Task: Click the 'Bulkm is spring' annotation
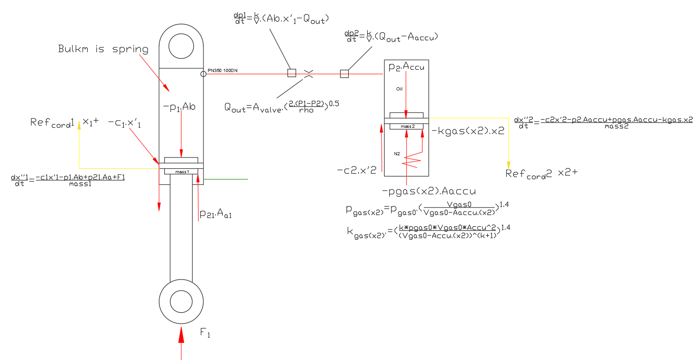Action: pos(103,49)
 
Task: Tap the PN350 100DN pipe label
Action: pos(222,71)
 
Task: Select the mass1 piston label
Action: pos(182,171)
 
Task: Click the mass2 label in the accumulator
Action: pos(407,126)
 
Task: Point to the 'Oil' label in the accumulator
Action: pos(399,89)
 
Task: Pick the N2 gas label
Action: pos(397,154)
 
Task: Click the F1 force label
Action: pos(205,333)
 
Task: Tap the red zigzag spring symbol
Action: pos(412,160)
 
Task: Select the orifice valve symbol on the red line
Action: pos(309,74)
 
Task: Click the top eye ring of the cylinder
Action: pos(181,46)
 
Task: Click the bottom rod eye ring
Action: pos(181,301)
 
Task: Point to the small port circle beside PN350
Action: pos(203,74)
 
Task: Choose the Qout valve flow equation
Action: pos(282,107)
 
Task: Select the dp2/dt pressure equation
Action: pos(391,36)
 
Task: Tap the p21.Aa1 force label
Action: pos(216,214)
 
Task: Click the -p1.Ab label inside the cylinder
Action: pos(179,107)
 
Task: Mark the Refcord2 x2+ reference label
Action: pos(541,174)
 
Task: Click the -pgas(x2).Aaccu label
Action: pos(428,191)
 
